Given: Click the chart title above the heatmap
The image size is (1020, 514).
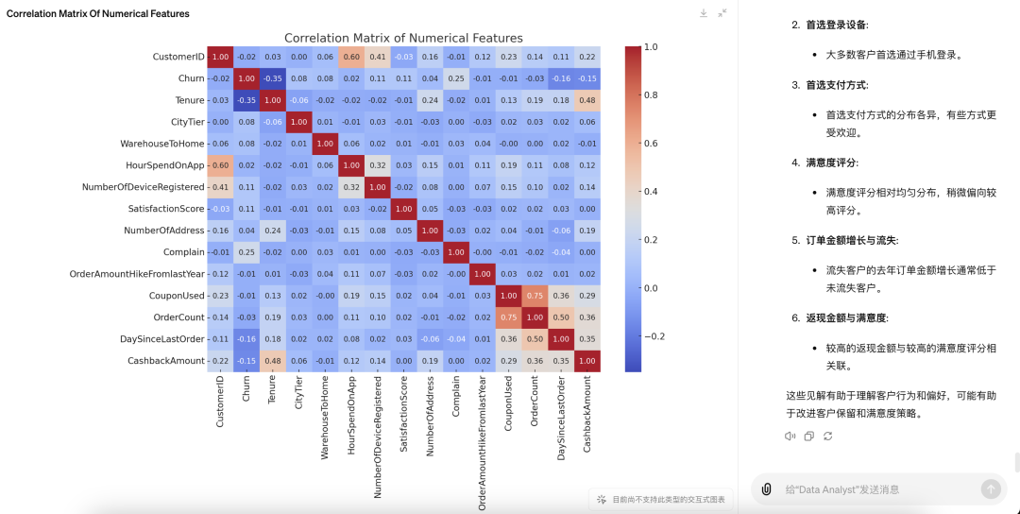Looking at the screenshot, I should tap(403, 38).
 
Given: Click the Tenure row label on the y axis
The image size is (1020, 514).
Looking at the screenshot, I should tap(190, 100).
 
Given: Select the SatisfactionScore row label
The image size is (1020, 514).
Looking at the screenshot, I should tap(166, 209).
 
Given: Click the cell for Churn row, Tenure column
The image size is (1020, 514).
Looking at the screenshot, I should tap(272, 78).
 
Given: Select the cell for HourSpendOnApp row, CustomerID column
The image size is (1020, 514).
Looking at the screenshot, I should tap(220, 165).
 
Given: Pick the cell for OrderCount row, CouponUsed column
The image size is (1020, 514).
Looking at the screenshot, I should tap(507, 317).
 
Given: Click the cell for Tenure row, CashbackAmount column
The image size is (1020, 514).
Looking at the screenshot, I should tap(586, 100).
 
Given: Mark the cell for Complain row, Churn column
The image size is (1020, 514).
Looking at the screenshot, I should tap(246, 252).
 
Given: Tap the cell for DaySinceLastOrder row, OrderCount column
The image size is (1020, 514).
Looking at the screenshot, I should tap(534, 339).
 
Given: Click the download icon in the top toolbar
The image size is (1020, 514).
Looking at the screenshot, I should tap(704, 13).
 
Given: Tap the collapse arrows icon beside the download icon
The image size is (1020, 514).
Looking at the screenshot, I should tap(722, 13).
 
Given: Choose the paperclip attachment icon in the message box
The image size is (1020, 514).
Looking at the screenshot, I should tap(766, 488).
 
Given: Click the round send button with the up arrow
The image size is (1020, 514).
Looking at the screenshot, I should tap(991, 488).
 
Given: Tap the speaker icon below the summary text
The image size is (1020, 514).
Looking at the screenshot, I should tap(790, 436).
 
